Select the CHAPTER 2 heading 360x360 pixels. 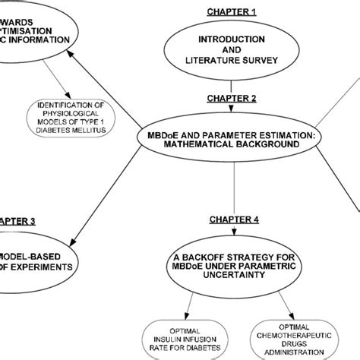232,99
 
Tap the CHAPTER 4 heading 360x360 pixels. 234,219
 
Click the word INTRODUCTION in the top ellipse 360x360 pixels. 232,39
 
